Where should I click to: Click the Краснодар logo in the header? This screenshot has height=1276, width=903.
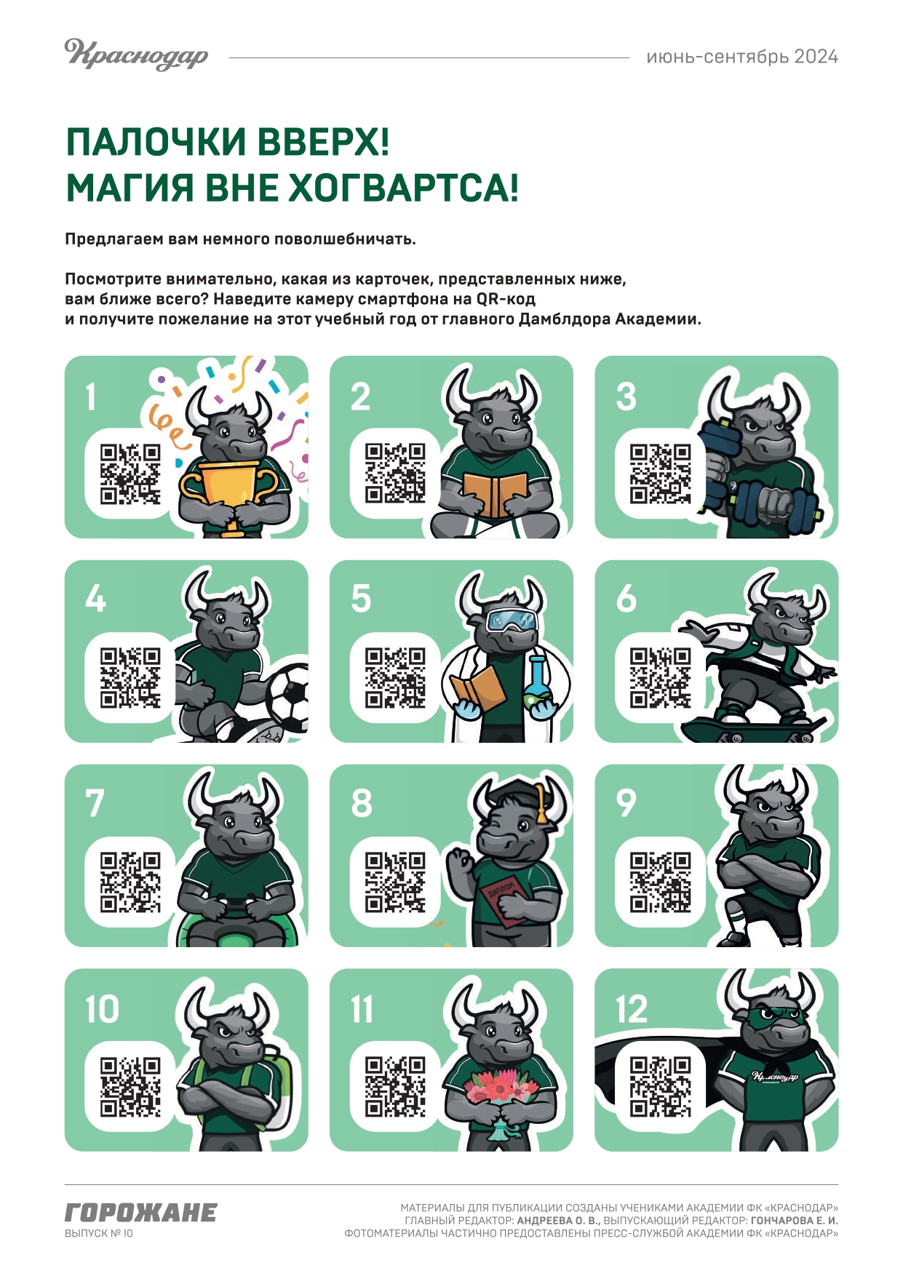pyautogui.click(x=136, y=55)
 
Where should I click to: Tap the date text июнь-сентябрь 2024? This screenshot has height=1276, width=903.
pyautogui.click(x=742, y=57)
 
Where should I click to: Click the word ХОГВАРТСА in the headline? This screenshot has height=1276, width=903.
pyautogui.click(x=403, y=188)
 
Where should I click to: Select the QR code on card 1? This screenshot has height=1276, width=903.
pyautogui.click(x=130, y=474)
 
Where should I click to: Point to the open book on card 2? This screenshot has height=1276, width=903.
pyautogui.click(x=495, y=494)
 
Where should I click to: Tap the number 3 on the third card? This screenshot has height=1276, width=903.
pyautogui.click(x=626, y=397)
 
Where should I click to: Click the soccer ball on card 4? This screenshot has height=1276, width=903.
pyautogui.click(x=287, y=697)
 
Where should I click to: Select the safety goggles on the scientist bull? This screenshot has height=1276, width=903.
pyautogui.click(x=514, y=621)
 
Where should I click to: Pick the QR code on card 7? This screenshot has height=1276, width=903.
pyautogui.click(x=130, y=882)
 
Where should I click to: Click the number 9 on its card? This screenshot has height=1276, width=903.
pyautogui.click(x=626, y=803)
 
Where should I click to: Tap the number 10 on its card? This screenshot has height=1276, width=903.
pyautogui.click(x=102, y=1009)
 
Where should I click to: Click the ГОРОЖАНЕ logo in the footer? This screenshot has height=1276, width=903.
pyautogui.click(x=141, y=1213)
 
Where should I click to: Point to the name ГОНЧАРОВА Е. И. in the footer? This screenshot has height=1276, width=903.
pyautogui.click(x=795, y=1220)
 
